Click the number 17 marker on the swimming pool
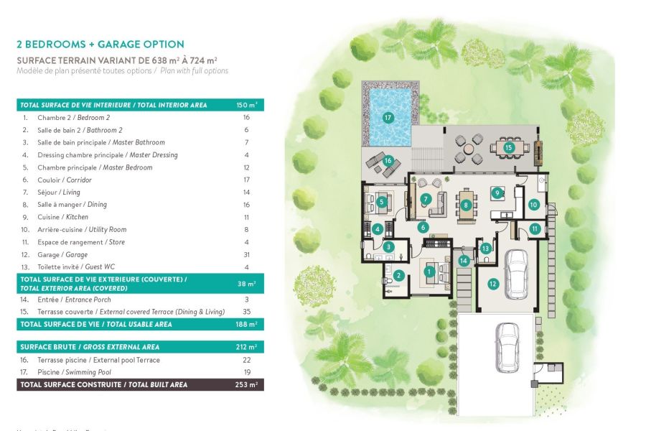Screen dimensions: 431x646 [x=388, y=117]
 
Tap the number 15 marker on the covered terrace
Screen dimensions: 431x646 [x=509, y=148]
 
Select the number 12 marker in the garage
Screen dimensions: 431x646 [x=492, y=284]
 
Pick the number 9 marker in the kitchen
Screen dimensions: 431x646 [x=495, y=192]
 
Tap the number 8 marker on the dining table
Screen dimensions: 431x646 [x=466, y=205]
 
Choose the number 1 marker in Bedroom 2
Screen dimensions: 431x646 [x=429, y=271]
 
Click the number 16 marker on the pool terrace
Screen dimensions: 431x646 [x=388, y=161]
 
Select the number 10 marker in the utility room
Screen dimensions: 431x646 [x=533, y=205]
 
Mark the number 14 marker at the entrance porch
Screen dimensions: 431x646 [x=464, y=260]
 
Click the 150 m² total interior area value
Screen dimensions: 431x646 [x=246, y=105]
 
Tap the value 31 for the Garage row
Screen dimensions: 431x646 [x=246, y=254]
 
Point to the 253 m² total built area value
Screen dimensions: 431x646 [x=246, y=385]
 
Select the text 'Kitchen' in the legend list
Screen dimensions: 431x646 [x=77, y=217]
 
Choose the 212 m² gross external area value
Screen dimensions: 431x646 [x=246, y=347]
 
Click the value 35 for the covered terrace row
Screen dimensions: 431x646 [x=246, y=312]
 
